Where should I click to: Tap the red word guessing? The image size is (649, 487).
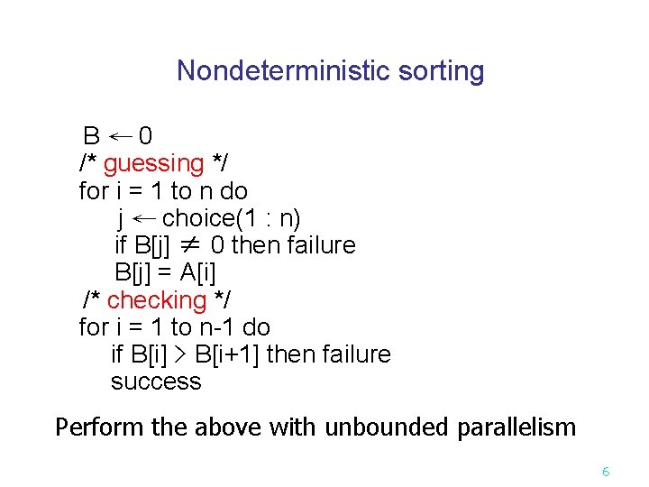(154, 163)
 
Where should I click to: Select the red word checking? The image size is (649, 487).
(157, 299)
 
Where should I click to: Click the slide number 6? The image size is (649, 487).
(606, 472)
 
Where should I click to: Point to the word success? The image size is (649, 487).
(156, 381)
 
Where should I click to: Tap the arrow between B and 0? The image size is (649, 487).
(120, 136)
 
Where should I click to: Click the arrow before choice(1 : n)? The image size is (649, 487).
(144, 218)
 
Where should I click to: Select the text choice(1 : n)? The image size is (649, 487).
(232, 218)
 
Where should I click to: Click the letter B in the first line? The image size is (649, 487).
(91, 136)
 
